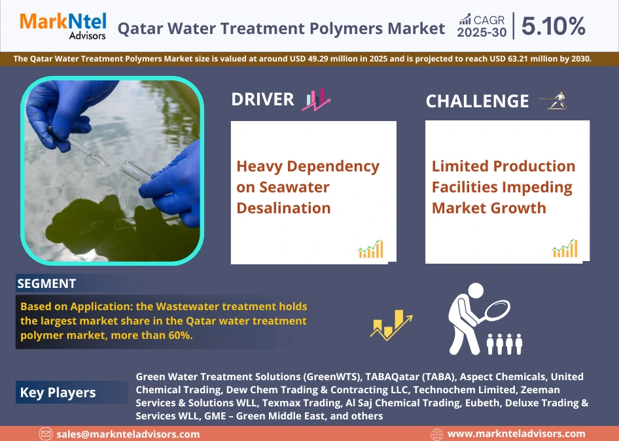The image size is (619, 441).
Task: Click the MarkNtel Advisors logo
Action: (63, 26)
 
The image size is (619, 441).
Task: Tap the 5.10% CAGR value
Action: (554, 26)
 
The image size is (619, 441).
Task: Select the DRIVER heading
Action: (262, 99)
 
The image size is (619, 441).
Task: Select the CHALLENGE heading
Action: (477, 101)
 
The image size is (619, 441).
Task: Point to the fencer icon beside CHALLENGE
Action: (554, 101)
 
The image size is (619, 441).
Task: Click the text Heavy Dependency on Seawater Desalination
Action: (308, 187)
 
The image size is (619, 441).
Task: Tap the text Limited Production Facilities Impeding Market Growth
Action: (503, 187)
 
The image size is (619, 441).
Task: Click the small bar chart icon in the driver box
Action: (370, 249)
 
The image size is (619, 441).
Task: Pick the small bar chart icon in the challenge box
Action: (565, 249)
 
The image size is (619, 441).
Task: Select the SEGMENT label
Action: (46, 283)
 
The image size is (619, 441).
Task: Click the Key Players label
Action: (58, 393)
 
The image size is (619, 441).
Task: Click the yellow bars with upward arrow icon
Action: (391, 324)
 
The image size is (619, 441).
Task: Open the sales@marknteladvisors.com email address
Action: (128, 434)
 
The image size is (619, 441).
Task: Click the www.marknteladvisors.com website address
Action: (516, 434)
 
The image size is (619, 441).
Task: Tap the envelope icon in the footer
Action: (45, 434)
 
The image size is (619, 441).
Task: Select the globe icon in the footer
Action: (437, 434)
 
